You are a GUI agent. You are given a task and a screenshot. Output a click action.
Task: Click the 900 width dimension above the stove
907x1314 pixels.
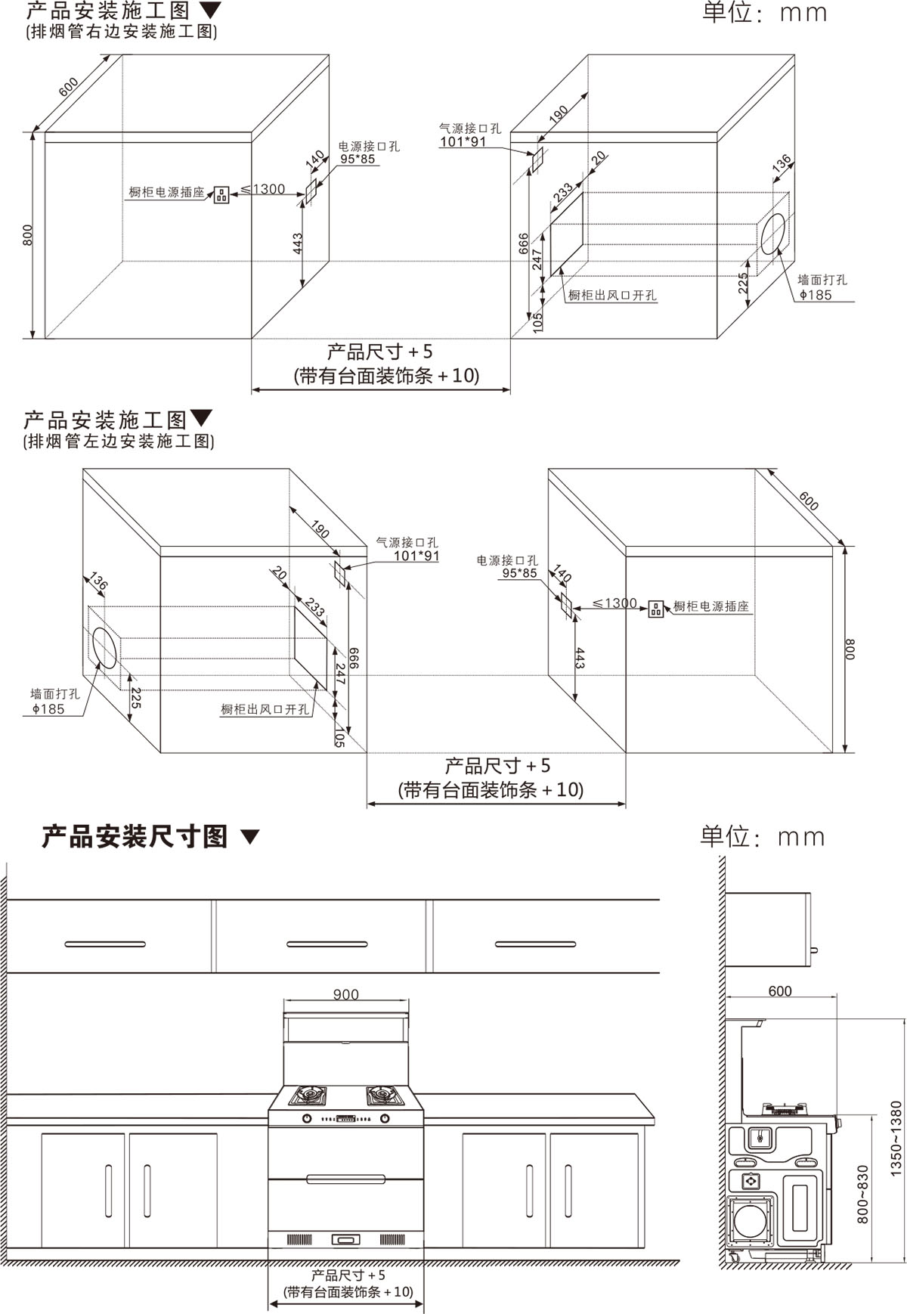pos(345,994)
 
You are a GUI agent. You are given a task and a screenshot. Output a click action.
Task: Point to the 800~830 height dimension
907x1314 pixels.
pos(863,1195)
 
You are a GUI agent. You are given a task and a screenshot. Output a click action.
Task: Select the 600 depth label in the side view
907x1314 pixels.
pos(780,991)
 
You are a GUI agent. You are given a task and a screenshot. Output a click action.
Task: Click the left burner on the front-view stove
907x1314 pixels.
pos(308,1095)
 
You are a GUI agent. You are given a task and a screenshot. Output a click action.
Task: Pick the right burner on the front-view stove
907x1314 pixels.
pos(383,1095)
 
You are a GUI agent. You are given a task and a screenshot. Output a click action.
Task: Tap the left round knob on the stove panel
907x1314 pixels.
pos(307,1118)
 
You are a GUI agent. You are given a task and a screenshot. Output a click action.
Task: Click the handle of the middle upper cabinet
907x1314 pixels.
pos(317,944)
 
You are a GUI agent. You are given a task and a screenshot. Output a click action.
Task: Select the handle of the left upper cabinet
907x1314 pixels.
pos(105,944)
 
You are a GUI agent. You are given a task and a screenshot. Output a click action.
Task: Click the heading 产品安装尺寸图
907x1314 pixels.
pos(135,836)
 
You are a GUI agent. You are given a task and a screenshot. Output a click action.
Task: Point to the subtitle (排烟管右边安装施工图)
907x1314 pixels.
pos(122,32)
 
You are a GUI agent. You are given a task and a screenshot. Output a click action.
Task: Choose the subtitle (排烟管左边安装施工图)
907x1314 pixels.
pos(119,441)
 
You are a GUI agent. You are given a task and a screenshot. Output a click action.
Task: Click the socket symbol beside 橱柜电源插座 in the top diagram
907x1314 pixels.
pos(221,194)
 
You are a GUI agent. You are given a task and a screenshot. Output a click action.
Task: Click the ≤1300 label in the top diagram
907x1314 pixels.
pos(262,189)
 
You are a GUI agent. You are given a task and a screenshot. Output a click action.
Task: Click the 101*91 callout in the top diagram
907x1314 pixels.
pos(463,141)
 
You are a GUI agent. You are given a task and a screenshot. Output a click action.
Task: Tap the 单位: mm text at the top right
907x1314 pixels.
pos(765,13)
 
